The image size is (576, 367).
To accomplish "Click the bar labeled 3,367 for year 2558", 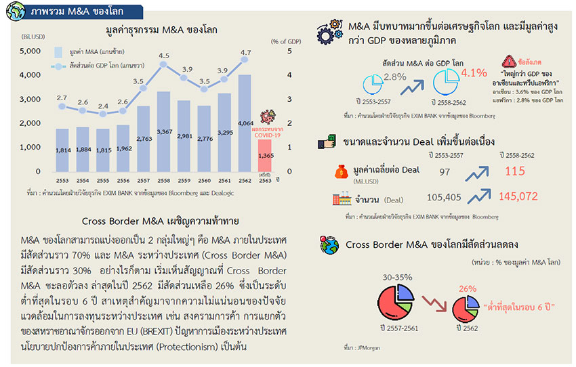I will (x=164, y=132).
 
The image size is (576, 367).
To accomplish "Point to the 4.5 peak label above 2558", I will (x=164, y=56).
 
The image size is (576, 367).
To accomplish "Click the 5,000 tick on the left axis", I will (x=30, y=51).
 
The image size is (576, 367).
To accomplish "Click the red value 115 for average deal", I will (x=516, y=173).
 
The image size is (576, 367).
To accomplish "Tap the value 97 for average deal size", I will (x=445, y=173).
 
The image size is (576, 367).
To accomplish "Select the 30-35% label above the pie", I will (x=397, y=277).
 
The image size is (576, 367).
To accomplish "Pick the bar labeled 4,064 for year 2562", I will (x=245, y=122).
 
